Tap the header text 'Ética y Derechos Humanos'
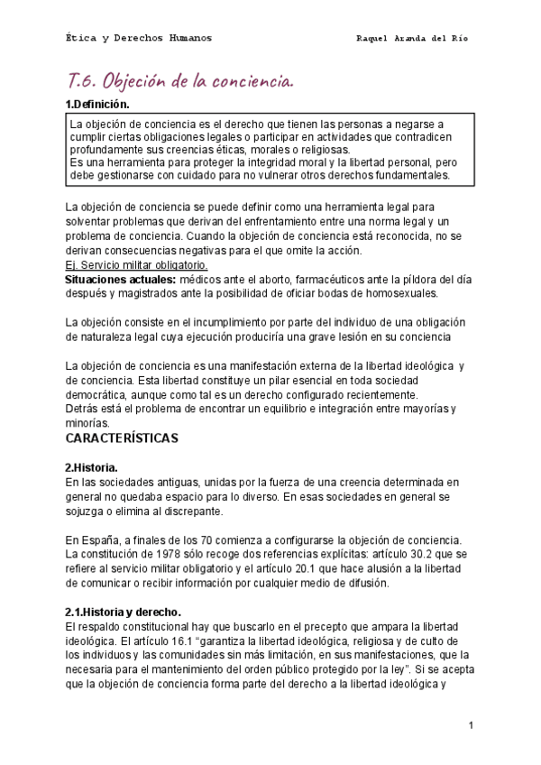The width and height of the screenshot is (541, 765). click(x=140, y=39)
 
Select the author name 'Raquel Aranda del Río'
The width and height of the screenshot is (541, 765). click(x=412, y=40)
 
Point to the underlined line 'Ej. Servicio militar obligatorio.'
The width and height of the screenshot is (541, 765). click(x=137, y=266)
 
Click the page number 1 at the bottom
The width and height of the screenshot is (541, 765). click(x=471, y=724)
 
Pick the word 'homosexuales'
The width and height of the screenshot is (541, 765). click(x=400, y=294)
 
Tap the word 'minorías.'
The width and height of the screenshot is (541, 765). click(x=87, y=422)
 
